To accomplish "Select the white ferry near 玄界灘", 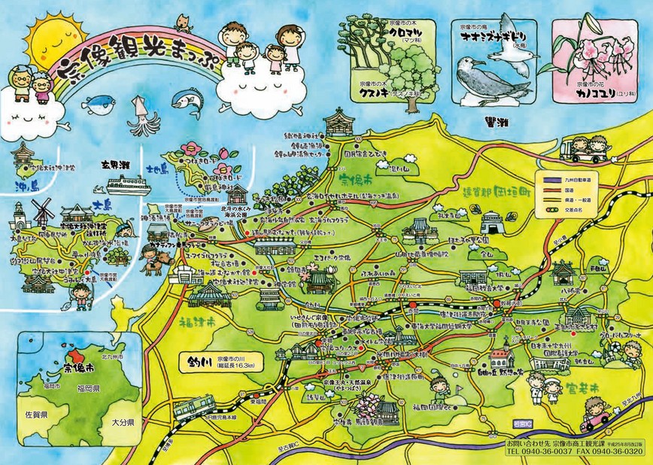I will pos(128,184).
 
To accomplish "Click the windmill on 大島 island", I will pos(43,211).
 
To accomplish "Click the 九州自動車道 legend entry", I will pos(584,179).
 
